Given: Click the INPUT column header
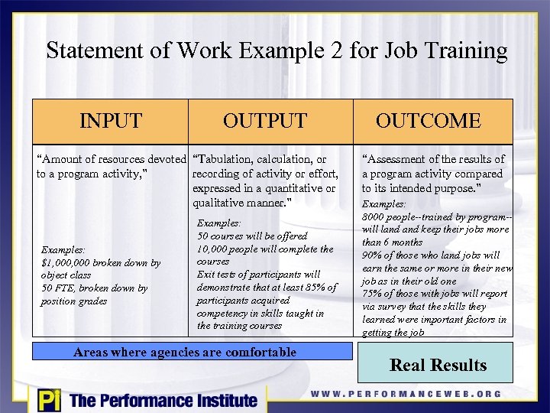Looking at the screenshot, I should pyautogui.click(x=111, y=121).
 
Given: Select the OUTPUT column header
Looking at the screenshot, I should pyautogui.click(x=264, y=121).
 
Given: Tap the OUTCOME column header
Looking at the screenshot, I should pyautogui.click(x=428, y=121).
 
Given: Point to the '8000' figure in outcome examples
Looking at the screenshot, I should pyautogui.click(x=374, y=217).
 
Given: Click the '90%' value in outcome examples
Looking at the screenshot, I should pyautogui.click(x=374, y=255).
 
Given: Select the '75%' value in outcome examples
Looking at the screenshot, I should pyautogui.click(x=374, y=294).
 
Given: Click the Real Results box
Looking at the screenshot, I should pyautogui.click(x=438, y=365).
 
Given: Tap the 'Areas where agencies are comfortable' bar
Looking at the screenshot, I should pyautogui.click(x=184, y=353).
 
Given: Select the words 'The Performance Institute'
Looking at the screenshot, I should pyautogui.click(x=163, y=400).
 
